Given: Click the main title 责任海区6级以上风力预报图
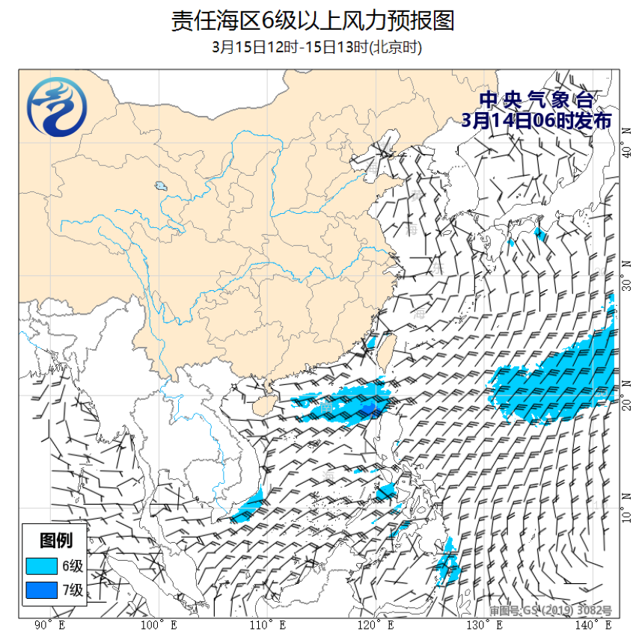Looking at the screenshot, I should coord(313,20).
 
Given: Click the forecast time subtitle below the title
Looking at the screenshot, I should coord(317,47).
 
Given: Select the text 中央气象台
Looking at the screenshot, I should coord(536,100).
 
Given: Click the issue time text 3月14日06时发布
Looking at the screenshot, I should coord(536,121).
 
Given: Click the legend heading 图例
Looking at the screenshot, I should coord(55,540).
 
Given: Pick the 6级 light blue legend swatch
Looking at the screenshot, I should coord(42,565).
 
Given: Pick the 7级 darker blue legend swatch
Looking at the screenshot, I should coord(42,591).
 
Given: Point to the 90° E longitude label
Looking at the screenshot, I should coord(49,625).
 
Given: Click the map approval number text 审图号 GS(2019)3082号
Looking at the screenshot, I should coord(551,611).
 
